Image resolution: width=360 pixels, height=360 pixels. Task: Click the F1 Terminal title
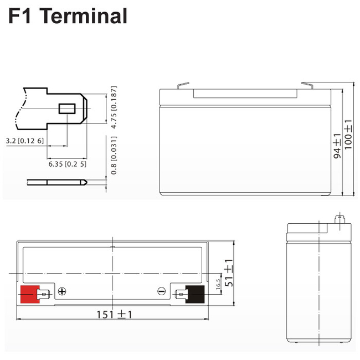(68, 16)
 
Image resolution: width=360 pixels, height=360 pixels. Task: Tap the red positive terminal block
(30, 294)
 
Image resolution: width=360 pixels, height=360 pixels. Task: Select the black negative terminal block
(195, 294)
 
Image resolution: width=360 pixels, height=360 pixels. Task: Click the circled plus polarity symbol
(62, 291)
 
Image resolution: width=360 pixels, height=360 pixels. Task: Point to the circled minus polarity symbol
(161, 291)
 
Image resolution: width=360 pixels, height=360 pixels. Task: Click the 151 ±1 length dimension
(114, 315)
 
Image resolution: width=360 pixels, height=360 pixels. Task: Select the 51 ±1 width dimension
(229, 272)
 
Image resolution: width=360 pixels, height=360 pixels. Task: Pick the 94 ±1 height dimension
(337, 146)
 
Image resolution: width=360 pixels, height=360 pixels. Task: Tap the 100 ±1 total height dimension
(348, 135)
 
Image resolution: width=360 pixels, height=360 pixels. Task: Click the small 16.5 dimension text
(218, 284)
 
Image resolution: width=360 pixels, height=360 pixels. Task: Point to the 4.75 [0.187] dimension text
(114, 107)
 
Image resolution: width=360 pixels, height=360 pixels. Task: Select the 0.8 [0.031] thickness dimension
(114, 156)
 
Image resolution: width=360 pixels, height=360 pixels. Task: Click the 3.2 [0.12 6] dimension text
(24, 141)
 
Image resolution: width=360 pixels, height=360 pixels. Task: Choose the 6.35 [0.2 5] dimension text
(67, 164)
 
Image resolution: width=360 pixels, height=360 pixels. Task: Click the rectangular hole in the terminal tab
(67, 109)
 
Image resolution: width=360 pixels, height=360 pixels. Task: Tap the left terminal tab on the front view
(183, 85)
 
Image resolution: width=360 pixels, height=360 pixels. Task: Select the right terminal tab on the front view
(307, 85)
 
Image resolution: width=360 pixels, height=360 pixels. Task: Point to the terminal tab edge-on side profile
(57, 182)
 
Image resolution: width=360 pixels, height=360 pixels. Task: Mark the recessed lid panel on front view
(245, 94)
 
